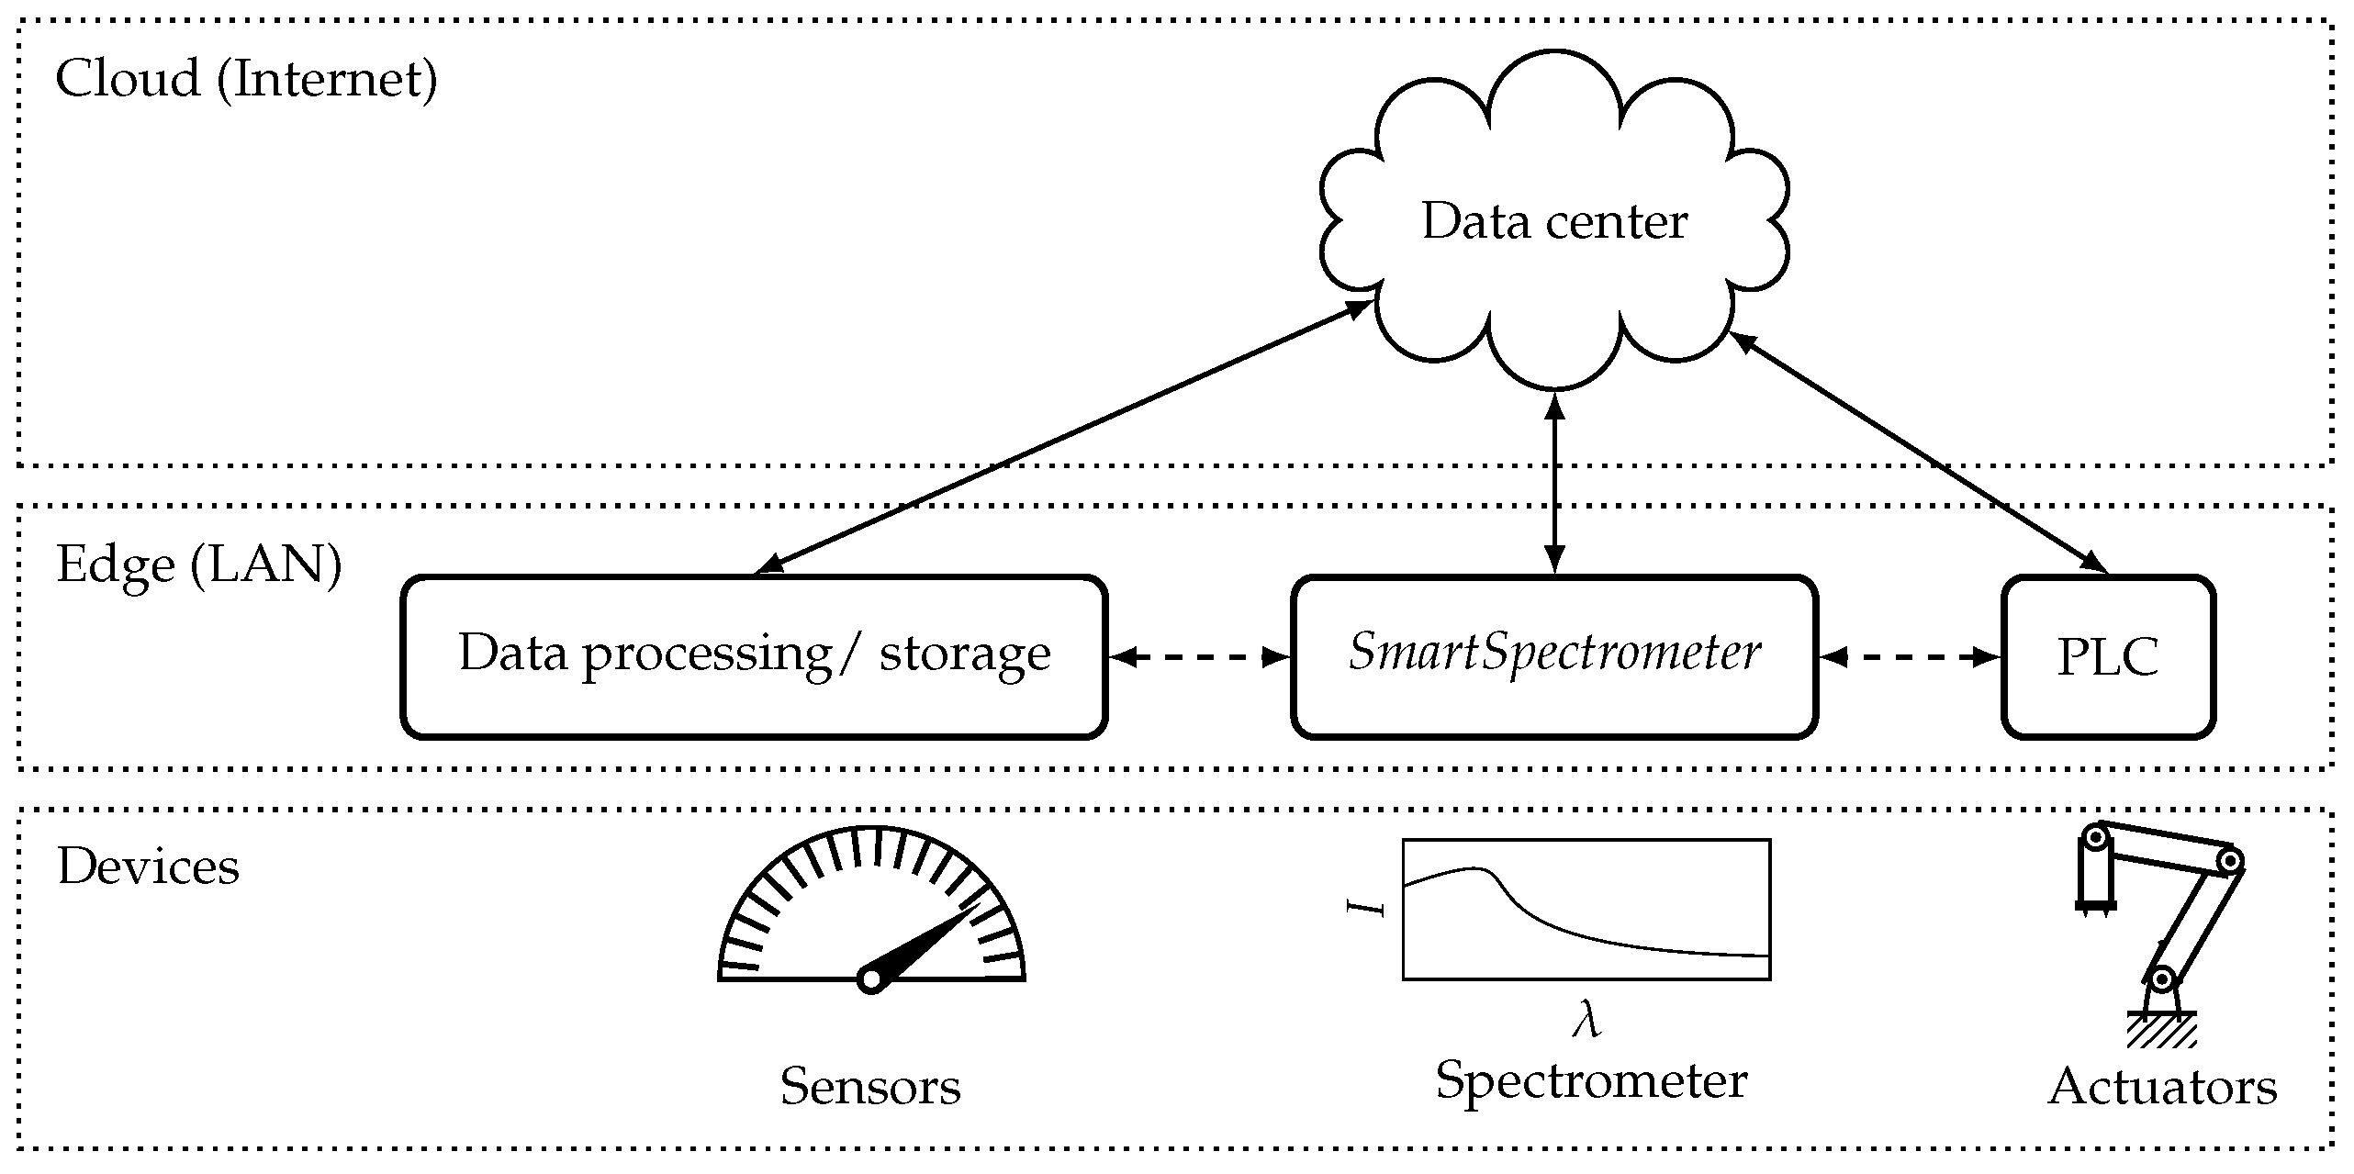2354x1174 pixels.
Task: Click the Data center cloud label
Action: pos(1553,222)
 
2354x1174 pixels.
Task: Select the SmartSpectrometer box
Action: pos(1553,656)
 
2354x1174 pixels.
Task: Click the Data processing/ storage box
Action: pos(754,656)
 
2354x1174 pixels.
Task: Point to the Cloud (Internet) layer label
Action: pos(246,79)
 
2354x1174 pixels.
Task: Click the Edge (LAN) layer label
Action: pos(199,564)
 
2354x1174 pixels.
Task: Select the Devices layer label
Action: pos(148,867)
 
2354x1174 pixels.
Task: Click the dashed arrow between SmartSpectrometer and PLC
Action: pos(1910,657)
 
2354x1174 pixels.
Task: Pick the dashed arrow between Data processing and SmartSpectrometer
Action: pos(1199,657)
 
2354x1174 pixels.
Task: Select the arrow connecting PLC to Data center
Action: pos(1919,453)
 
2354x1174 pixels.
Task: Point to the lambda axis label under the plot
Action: pos(1586,1022)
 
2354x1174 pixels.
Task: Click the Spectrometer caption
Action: pos(1590,1080)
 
